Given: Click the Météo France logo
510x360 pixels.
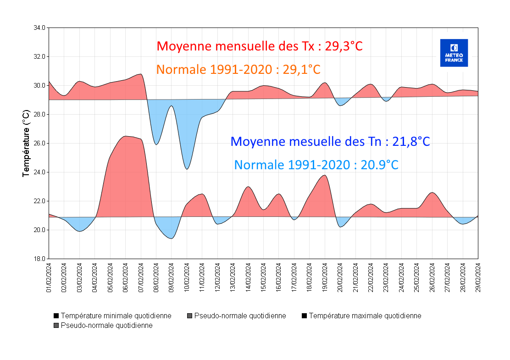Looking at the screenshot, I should pos(454,53).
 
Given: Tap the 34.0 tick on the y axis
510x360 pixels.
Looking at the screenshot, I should pos(39,28).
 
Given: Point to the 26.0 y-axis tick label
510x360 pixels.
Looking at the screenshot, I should pos(39,144).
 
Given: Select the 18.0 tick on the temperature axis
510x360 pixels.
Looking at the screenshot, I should pos(39,259).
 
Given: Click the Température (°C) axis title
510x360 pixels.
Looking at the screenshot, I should pos(26,143).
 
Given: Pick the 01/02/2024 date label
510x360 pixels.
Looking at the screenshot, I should pos(49,277).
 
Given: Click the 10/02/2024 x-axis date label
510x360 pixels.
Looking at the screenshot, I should pos(187,277).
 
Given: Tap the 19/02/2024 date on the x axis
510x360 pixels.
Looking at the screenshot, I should pos(325,277).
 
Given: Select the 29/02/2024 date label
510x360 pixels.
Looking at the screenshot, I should pos(478,277).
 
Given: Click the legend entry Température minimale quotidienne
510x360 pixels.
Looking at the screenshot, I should pos(116,316).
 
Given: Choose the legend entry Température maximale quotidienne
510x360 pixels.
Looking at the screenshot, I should pos(365,316).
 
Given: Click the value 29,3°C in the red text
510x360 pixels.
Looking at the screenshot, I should pos(344,46).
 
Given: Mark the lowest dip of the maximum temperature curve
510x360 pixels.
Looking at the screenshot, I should pos(187,169).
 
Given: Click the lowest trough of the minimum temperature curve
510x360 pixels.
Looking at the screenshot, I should pos(172,238).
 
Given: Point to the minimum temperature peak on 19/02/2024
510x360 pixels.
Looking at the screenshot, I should pos(325,175).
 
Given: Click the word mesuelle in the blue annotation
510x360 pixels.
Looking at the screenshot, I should pos(321,142).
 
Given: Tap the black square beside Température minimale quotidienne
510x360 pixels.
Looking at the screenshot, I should pos(56,316).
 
